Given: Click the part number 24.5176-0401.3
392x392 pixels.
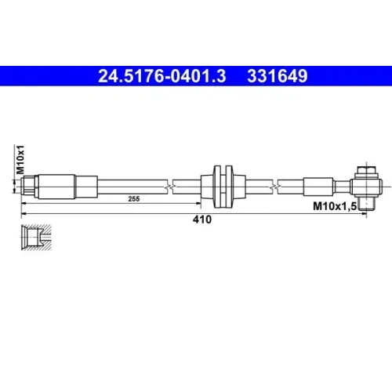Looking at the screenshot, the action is click(x=162, y=76).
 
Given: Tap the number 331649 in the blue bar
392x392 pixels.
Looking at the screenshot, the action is click(x=278, y=76).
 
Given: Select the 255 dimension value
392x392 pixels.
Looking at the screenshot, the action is click(x=134, y=199).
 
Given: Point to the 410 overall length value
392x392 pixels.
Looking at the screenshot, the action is click(x=202, y=220).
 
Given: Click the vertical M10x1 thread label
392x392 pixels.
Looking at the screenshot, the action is click(x=20, y=160).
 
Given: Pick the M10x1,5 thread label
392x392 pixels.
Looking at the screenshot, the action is click(x=335, y=206).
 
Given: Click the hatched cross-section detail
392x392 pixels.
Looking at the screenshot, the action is click(x=36, y=238).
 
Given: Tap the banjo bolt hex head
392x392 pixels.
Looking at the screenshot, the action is click(x=366, y=171).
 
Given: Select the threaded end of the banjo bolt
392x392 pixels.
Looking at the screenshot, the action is click(x=366, y=204).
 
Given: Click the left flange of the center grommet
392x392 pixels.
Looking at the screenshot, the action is click(x=217, y=187).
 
